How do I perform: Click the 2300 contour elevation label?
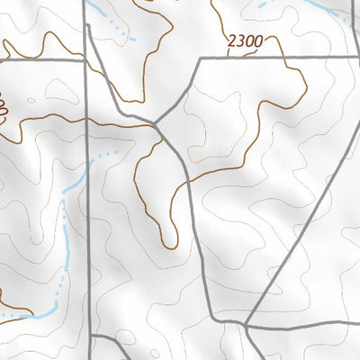coord(247,40)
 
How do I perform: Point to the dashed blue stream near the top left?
coord(117,31)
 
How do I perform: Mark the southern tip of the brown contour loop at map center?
coord(171,243)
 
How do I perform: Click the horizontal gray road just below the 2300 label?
coord(270,58)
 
